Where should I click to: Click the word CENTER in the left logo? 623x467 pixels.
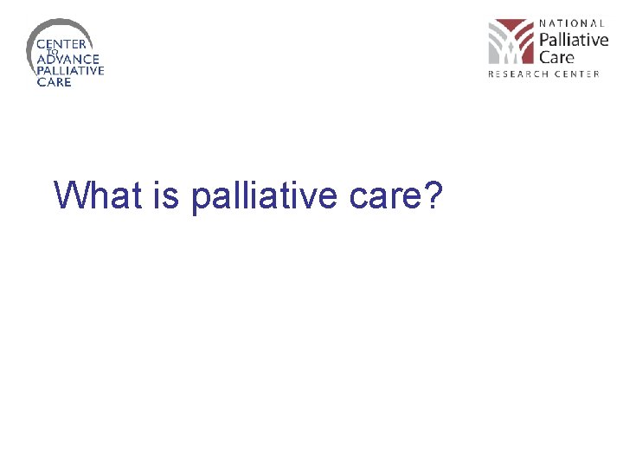click(x=60, y=43)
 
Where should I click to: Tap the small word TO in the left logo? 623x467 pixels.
click(x=52, y=52)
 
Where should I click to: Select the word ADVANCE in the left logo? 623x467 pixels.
click(x=62, y=60)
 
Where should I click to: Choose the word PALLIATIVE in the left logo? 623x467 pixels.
click(x=70, y=71)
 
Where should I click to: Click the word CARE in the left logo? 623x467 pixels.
click(x=54, y=82)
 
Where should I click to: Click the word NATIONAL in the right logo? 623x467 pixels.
click(x=572, y=23)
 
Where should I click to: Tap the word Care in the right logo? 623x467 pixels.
click(x=556, y=58)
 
